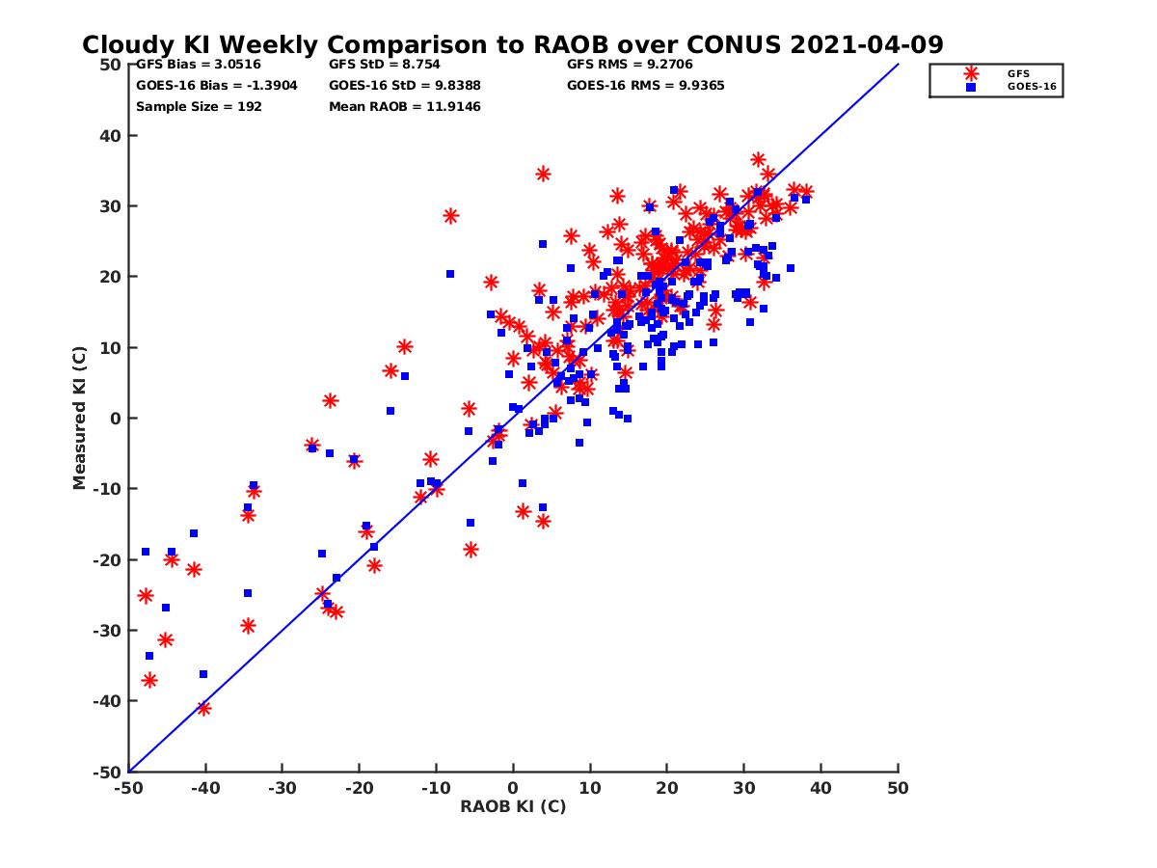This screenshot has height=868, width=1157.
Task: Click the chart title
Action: (512, 45)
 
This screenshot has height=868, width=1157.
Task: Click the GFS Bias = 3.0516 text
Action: (198, 65)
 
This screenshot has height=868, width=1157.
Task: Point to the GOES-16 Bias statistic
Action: (217, 85)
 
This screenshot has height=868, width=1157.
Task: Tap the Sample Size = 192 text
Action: (199, 106)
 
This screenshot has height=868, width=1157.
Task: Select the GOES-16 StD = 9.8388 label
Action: (404, 85)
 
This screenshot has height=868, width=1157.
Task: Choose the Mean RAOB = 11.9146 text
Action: (404, 106)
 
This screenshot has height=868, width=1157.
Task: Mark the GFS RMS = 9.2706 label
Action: (630, 65)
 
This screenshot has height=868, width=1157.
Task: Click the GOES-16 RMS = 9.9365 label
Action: (645, 85)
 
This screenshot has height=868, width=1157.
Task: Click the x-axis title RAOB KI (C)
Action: (513, 806)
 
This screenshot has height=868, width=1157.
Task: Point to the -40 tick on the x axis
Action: (205, 788)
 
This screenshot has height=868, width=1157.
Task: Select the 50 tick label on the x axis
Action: (899, 788)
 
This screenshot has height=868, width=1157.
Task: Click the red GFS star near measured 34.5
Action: (543, 174)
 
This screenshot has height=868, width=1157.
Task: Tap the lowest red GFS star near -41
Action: (203, 708)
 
